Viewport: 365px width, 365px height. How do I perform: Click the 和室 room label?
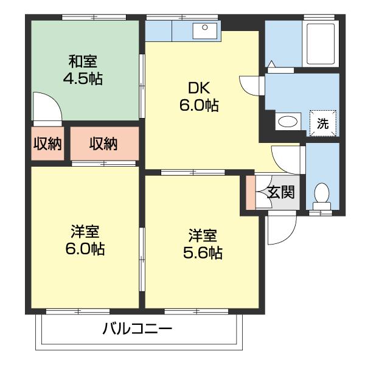click(82, 61)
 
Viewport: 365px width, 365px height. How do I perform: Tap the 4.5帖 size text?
click(82, 78)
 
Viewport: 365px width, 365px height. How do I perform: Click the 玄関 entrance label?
click(281, 193)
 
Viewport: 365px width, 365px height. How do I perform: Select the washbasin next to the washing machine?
click(288, 122)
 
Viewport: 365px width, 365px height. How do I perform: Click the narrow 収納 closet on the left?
click(47, 144)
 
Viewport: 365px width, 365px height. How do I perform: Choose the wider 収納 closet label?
click(103, 144)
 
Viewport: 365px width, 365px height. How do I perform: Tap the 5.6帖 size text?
click(203, 252)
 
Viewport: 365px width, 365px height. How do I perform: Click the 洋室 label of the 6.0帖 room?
click(86, 232)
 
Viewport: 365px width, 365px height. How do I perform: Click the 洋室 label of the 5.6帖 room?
click(203, 235)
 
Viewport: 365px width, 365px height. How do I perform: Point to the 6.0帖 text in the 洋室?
click(86, 249)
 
